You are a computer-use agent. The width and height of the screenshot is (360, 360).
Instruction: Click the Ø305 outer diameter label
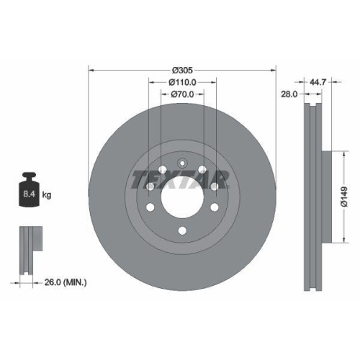pyautogui.click(x=182, y=70)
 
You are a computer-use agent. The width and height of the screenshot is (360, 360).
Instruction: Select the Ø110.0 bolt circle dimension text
pyautogui.click(x=182, y=82)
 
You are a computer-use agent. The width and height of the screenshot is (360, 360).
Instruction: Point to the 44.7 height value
pyautogui.click(x=319, y=82)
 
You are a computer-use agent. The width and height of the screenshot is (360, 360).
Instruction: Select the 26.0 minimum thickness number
pyautogui.click(x=51, y=283)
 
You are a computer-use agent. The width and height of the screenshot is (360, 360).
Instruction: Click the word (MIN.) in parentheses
pyautogui.click(x=74, y=283)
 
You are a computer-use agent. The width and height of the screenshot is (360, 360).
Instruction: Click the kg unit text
pyautogui.click(x=48, y=194)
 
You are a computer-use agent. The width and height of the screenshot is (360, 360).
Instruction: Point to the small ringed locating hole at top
pyautogui.click(x=181, y=162)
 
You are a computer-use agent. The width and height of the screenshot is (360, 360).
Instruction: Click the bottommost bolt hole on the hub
pyautogui.click(x=181, y=229)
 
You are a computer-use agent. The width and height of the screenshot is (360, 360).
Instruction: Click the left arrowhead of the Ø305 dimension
pyautogui.click(x=91, y=70)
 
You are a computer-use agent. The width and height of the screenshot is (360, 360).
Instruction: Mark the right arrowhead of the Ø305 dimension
pyautogui.click(x=274, y=70)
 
